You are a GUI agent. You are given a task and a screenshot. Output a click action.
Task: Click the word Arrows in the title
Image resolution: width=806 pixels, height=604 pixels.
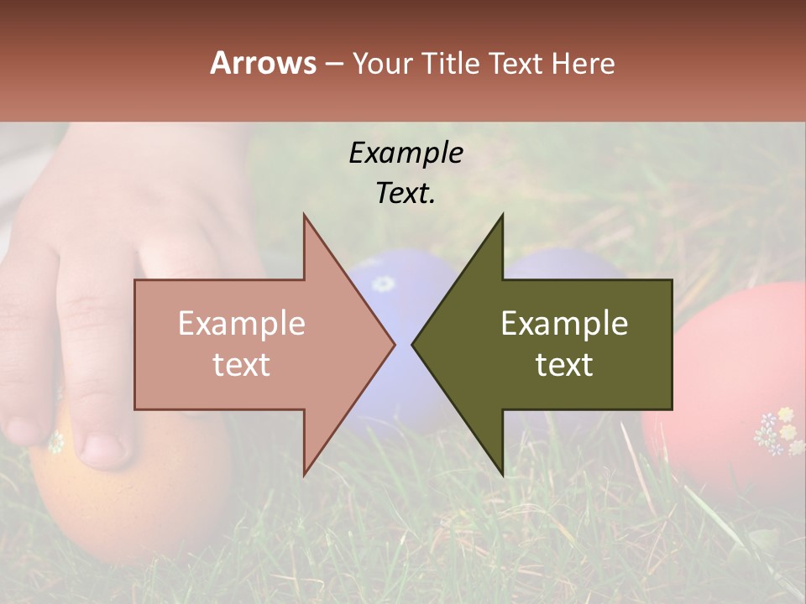[x=263, y=63]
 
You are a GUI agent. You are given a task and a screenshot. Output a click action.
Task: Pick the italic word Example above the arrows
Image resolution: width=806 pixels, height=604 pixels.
[x=406, y=153]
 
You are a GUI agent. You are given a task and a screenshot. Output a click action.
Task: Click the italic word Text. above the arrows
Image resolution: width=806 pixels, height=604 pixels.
[x=406, y=193]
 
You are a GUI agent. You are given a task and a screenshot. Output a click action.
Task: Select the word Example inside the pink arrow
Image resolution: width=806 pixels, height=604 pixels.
[x=241, y=323]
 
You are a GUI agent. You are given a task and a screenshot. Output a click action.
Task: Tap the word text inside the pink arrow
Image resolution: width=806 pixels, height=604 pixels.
[x=241, y=365]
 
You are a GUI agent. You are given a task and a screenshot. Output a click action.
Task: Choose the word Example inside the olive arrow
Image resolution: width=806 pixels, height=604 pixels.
[x=564, y=323]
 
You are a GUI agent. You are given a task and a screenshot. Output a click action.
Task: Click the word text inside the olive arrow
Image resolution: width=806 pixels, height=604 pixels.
[x=564, y=365]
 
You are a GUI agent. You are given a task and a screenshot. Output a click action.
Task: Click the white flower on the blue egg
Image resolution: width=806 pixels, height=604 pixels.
[x=383, y=284]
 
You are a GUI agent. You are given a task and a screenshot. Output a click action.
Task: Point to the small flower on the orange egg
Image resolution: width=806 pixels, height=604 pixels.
[x=55, y=442]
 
